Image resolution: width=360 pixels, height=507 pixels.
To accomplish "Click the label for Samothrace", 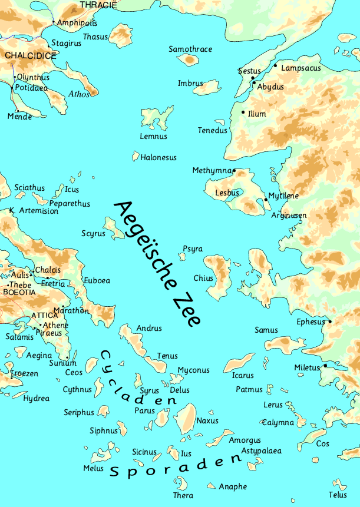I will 190,49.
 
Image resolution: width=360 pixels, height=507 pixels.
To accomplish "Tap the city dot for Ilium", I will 243,112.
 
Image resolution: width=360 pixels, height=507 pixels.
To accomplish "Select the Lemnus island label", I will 153,137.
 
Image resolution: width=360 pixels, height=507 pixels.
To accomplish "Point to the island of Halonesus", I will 135,157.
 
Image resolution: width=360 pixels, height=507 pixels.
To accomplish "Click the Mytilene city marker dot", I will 266,200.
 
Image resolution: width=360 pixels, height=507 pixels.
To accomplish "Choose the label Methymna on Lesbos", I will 212,171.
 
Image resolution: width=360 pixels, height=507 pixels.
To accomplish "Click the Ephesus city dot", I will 330,322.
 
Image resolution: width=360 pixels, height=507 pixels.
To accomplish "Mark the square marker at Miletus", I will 325,366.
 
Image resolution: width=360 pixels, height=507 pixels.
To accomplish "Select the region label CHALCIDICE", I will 30,56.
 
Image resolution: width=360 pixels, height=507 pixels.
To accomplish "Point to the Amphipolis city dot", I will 53,22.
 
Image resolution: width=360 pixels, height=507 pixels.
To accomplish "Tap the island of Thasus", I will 123,35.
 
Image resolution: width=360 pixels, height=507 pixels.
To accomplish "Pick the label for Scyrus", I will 93,234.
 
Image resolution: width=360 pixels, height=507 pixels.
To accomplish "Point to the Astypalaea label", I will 261,451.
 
